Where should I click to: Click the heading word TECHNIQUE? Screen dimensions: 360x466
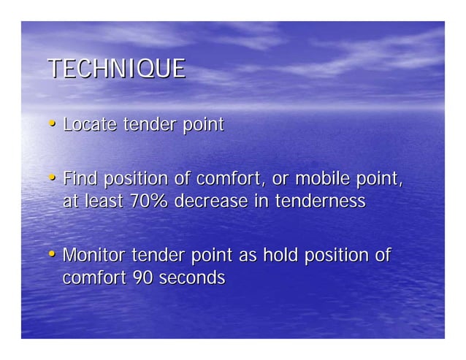(x=116, y=69)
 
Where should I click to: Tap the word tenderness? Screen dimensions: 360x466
(x=320, y=202)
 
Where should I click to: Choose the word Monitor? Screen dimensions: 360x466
(x=94, y=256)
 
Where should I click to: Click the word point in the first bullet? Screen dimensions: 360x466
(x=202, y=126)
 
